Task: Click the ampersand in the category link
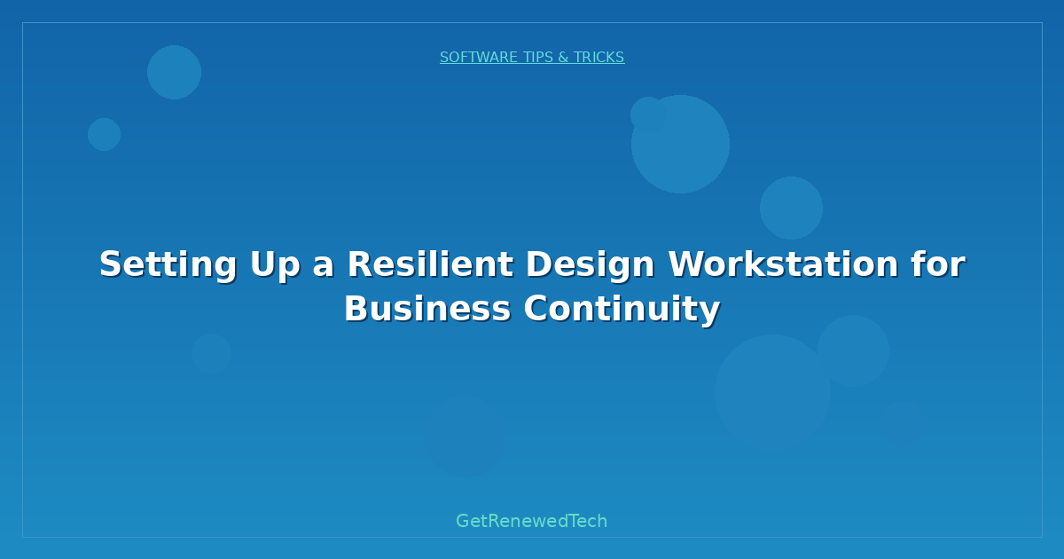click(x=563, y=58)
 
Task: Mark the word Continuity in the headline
click(x=621, y=310)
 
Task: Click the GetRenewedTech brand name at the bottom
click(x=532, y=522)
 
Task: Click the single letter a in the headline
click(x=323, y=265)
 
